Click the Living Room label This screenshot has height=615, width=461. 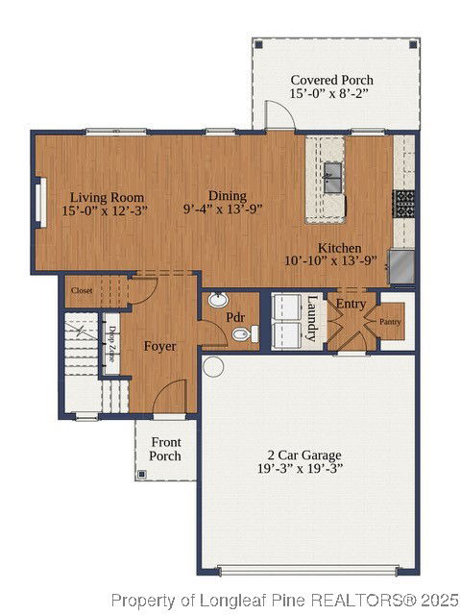107,197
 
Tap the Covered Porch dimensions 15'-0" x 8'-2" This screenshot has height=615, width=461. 329,94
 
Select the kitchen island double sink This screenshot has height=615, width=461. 332,178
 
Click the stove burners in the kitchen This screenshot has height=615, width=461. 403,204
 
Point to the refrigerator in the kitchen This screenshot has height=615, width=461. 401,267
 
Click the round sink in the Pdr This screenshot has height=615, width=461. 218,300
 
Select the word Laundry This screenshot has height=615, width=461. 312,318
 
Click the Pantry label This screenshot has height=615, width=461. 390,322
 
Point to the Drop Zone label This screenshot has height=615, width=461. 112,344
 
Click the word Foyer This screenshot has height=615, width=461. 160,346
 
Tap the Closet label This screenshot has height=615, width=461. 82,290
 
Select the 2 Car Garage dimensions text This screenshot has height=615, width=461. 301,468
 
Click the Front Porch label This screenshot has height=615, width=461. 166,449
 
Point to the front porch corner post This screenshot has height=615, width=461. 142,475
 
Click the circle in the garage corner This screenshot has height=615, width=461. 213,367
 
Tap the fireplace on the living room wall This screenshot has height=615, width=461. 41,203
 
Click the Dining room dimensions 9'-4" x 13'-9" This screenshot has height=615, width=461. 223,209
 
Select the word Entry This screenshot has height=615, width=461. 351,304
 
